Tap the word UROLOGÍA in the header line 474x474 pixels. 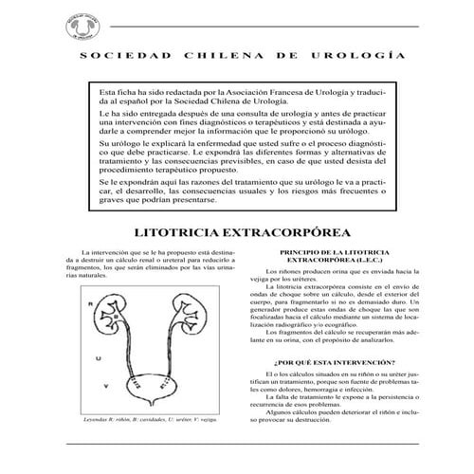(x=366, y=56)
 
